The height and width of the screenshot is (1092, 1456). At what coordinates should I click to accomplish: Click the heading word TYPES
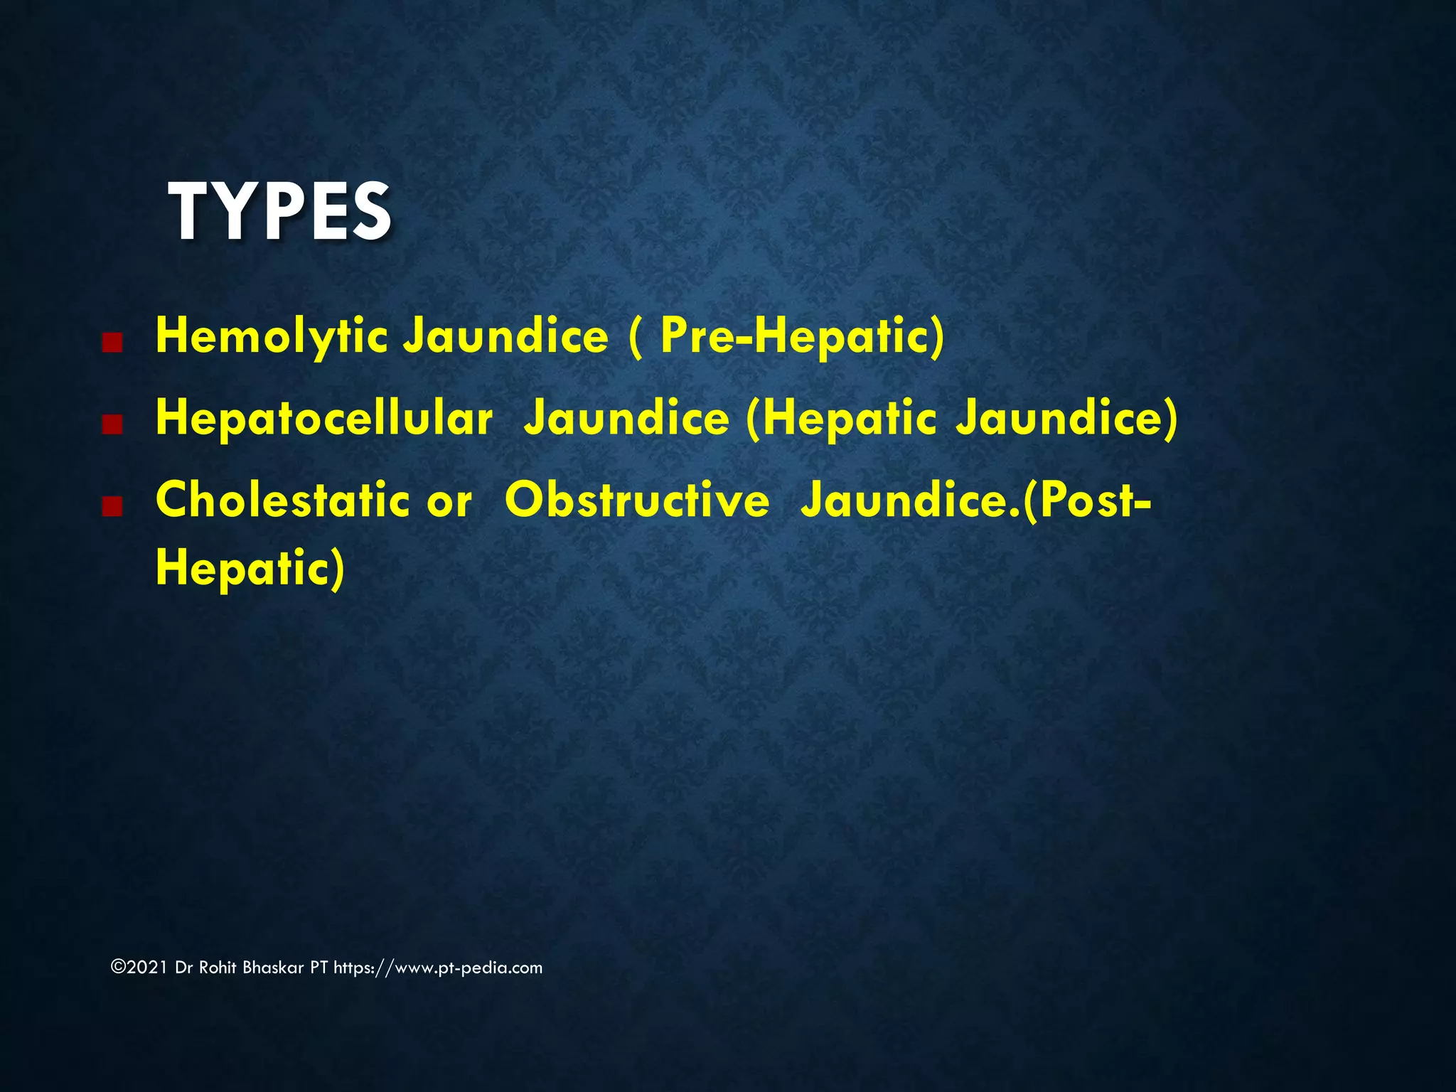(279, 212)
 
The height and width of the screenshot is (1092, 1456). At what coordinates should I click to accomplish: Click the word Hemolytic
(271, 336)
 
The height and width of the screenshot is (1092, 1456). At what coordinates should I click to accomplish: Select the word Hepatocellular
(323, 418)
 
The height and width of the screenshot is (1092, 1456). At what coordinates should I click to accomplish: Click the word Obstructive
(637, 500)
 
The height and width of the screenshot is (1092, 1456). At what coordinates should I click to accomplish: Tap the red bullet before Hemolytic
(112, 343)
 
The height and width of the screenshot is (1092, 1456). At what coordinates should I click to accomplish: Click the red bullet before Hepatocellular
(112, 425)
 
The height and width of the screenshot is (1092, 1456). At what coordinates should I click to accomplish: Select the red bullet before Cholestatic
(112, 507)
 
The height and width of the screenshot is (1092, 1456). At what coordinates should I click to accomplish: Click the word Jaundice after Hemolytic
(505, 336)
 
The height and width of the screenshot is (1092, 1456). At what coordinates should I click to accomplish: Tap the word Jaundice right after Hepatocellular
(626, 418)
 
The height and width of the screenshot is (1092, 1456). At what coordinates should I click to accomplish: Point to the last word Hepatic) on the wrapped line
(250, 568)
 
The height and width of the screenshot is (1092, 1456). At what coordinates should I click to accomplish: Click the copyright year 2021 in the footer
(147, 968)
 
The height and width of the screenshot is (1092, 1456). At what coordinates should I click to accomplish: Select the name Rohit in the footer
(217, 968)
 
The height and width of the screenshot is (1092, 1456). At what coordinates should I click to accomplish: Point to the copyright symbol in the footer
(118, 968)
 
